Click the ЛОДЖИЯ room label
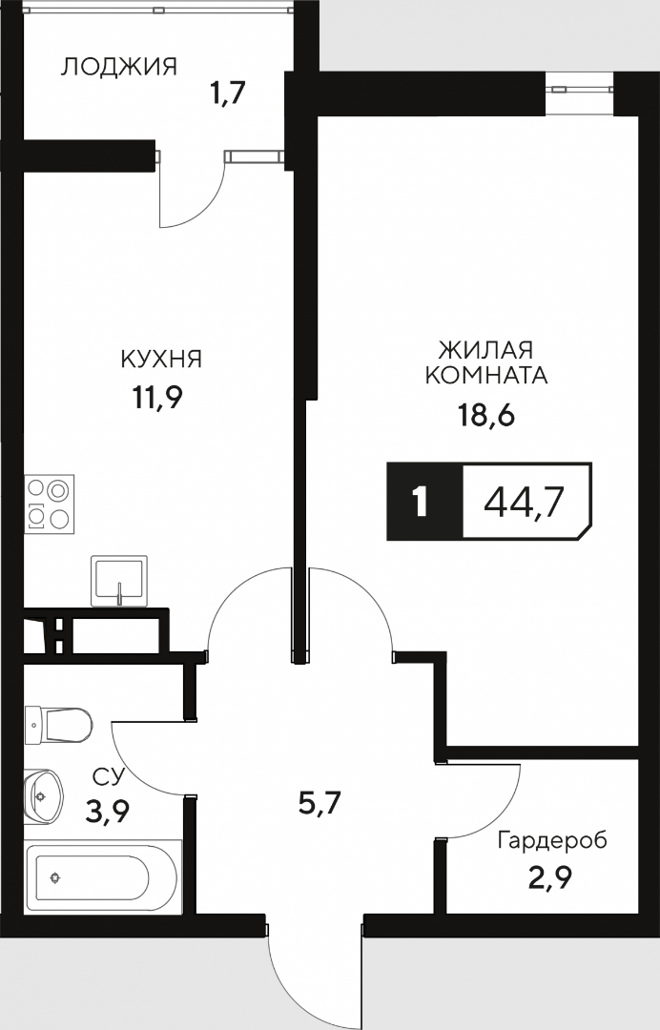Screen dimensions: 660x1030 click(x=119, y=67)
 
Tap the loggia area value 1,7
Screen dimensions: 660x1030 click(x=227, y=93)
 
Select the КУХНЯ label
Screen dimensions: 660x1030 click(x=161, y=359)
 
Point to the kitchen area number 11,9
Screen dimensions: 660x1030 click(x=157, y=398)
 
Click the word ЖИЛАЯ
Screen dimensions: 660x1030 click(x=486, y=348)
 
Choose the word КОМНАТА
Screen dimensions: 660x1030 click(x=486, y=375)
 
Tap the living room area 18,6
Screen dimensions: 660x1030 click(x=486, y=415)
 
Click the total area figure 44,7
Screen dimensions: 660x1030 click(x=524, y=504)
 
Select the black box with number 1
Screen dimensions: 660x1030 click(x=424, y=502)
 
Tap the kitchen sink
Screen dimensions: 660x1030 click(x=119, y=581)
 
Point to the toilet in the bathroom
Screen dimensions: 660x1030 click(x=58, y=725)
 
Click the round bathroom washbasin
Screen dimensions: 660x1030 click(x=43, y=795)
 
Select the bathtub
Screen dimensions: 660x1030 click(x=101, y=877)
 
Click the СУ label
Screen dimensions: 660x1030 click(x=109, y=777)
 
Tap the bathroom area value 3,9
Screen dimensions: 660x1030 click(x=107, y=813)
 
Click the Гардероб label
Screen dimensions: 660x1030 click(x=552, y=840)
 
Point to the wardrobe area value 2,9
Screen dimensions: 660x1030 click(x=550, y=878)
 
